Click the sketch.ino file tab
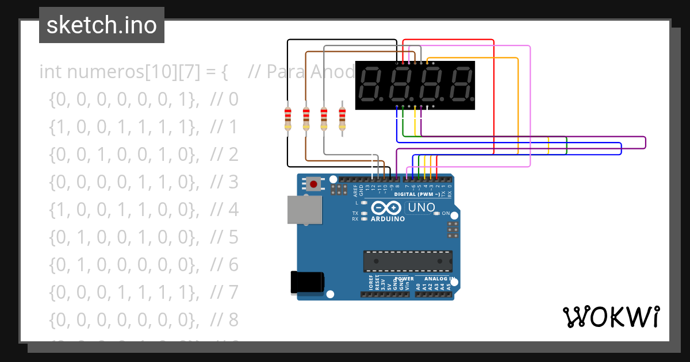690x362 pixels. [x=102, y=25]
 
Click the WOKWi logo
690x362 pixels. [x=610, y=317]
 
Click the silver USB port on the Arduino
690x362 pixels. [x=305, y=209]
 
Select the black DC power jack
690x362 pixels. [x=308, y=282]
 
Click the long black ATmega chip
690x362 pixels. [x=407, y=261]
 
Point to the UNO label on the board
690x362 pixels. [x=421, y=207]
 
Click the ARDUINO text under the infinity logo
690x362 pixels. [x=388, y=219]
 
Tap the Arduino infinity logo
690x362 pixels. [x=387, y=208]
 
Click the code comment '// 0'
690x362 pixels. [x=224, y=100]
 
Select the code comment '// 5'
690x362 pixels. [x=224, y=237]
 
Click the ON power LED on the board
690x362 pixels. [x=436, y=213]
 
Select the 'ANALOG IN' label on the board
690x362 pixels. [x=440, y=279]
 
